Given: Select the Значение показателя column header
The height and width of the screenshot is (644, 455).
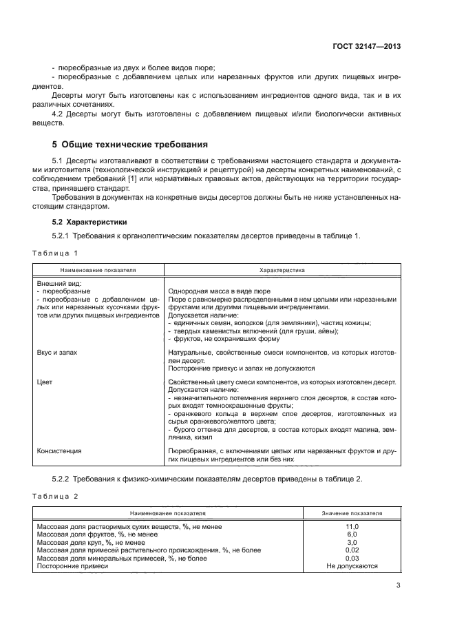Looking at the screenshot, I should [x=352, y=513].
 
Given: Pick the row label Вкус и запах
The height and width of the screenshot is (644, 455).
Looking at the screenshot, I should [x=57, y=352].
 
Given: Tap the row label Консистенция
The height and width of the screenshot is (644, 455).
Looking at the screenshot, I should [x=59, y=450].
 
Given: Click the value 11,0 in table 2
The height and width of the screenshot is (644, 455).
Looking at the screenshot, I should [x=352, y=526].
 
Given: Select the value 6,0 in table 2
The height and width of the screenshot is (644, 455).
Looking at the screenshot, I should [x=352, y=534].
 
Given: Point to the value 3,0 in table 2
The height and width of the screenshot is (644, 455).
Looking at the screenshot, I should [x=352, y=542].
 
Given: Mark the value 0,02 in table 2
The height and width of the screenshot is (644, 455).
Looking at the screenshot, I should [x=352, y=550].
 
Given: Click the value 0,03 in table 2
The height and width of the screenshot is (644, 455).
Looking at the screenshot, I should [x=352, y=558].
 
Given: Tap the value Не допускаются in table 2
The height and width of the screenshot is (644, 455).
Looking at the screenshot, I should [x=352, y=566].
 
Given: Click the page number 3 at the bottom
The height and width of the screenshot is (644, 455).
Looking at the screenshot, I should [x=398, y=586].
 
